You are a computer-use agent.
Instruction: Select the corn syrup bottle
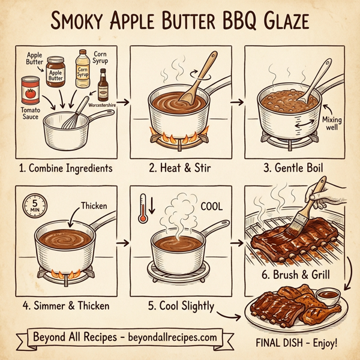point(83,68)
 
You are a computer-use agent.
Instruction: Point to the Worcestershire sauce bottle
point(103,83)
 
